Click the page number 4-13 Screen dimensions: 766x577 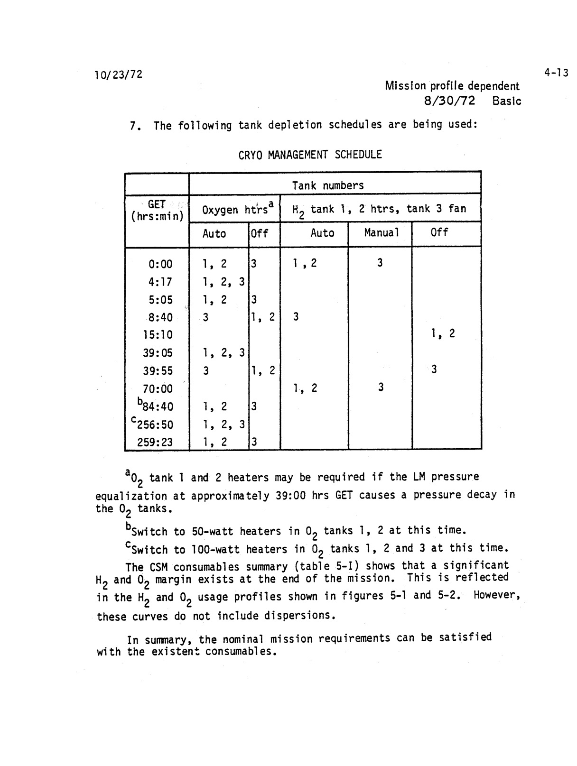(x=556, y=73)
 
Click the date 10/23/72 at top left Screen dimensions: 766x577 (x=119, y=75)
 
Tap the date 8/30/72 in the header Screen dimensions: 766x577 (x=449, y=101)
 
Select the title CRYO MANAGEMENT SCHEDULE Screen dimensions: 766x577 (x=310, y=155)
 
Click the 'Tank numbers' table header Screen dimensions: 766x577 (x=328, y=185)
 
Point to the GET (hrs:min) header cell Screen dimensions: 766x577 (x=157, y=210)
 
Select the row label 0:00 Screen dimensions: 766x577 (x=160, y=264)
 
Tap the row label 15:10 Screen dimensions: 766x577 (x=158, y=335)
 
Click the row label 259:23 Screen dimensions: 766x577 (x=155, y=443)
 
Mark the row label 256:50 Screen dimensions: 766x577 (x=155, y=425)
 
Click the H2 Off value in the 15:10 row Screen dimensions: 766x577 (x=443, y=334)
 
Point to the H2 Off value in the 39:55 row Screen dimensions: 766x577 (x=434, y=369)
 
